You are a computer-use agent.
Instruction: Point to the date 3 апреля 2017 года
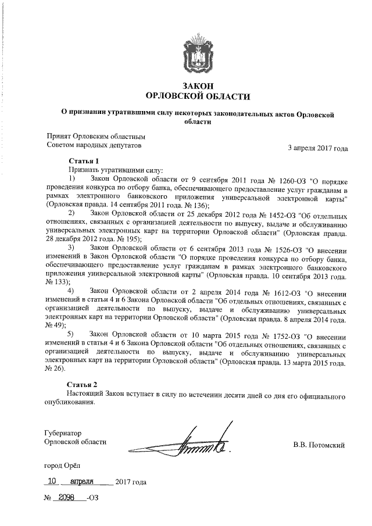point(318,148)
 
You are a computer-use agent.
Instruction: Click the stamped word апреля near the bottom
point(82,482)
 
